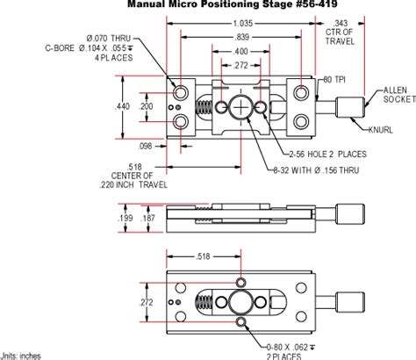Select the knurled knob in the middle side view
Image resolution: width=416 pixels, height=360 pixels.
coord(351,215)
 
